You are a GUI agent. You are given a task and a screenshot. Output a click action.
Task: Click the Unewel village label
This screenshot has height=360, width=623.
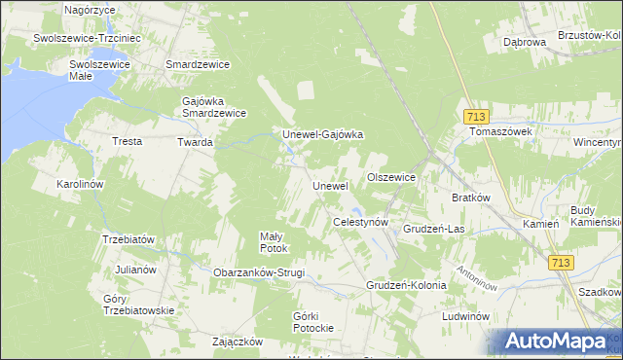[329, 186]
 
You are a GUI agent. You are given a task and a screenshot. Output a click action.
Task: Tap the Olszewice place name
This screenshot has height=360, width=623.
[391, 177]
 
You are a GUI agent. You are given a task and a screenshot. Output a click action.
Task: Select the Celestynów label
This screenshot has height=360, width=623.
[361, 223]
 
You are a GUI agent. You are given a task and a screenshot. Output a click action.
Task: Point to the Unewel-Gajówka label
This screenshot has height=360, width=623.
[322, 134]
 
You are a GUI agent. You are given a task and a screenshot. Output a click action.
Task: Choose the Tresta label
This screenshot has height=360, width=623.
[128, 142]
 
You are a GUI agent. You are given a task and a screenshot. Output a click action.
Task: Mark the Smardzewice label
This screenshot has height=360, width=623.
[198, 64]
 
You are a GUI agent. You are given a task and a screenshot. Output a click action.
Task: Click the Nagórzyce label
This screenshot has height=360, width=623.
[90, 9]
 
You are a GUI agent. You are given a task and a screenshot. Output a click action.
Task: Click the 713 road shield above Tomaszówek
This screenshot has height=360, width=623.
[475, 114]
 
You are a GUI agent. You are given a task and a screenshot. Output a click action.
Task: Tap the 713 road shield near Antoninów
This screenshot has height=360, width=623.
[560, 263]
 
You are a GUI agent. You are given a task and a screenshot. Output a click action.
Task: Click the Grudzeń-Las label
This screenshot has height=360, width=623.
[433, 229]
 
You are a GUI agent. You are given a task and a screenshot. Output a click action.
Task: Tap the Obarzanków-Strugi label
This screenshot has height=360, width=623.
[259, 272]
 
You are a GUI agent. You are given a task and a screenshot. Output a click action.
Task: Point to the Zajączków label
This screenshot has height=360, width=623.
[238, 342]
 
